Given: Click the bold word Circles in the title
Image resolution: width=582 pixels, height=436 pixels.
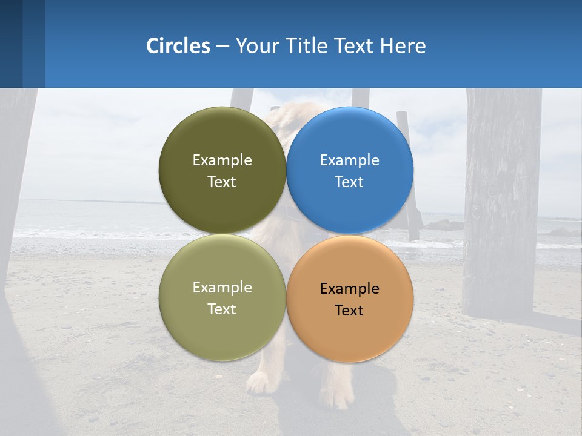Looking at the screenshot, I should click(178, 46).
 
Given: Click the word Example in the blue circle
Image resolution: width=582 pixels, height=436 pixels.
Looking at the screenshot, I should click(349, 160).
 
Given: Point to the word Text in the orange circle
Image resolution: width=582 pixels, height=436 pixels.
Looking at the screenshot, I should click(349, 311).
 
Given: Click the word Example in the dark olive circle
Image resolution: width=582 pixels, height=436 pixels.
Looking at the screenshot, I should click(222, 160).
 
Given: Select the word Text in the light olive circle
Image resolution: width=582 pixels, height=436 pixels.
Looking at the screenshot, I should click(222, 309).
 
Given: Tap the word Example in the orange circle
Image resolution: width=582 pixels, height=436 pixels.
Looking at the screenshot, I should click(349, 289).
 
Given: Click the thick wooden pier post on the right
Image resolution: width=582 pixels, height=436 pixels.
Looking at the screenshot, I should click(502, 200).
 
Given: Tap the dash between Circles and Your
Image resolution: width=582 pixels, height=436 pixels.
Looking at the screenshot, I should click(222, 47).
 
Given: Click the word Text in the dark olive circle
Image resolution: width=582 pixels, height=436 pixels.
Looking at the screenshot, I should click(222, 182).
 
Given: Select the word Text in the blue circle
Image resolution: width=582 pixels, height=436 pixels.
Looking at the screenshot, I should click(349, 182).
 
